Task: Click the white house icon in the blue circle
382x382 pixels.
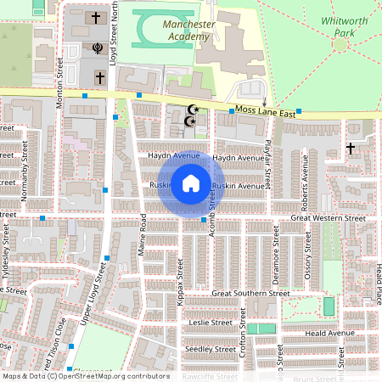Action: click(190, 183)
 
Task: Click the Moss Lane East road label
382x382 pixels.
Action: click(265, 112)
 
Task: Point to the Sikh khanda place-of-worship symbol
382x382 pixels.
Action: click(98, 48)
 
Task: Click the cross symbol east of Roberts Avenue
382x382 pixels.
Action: click(351, 149)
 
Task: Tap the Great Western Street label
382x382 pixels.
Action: click(327, 218)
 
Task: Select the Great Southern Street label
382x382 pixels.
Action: click(244, 293)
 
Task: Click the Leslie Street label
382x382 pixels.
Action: click(211, 323)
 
